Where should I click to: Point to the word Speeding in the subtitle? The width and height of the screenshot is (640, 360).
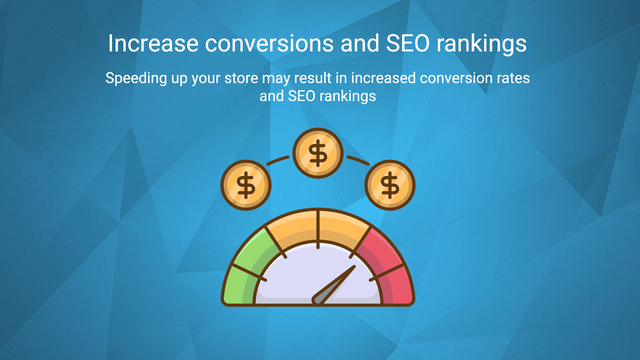coord(136,78)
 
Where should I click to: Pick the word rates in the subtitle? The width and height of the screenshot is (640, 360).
coord(515,78)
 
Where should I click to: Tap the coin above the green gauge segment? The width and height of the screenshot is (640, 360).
coord(245,184)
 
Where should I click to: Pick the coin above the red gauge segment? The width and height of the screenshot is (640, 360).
coord(390,184)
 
